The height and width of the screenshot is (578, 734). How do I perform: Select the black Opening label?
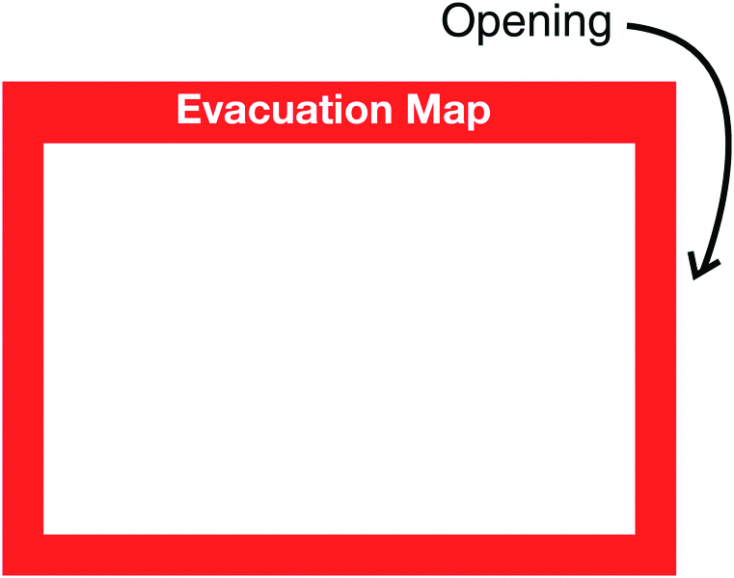coord(526,23)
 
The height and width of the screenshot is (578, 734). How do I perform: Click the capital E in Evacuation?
coord(187,112)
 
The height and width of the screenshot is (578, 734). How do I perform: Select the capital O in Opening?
coord(458,22)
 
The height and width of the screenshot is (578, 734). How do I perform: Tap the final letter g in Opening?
coord(598,27)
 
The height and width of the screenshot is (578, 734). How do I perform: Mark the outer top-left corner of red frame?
coord(3,83)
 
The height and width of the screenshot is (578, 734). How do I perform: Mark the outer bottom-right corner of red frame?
coord(675,574)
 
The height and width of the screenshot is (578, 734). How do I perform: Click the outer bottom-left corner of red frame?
coord(3,574)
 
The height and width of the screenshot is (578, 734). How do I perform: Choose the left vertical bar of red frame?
coord(23,337)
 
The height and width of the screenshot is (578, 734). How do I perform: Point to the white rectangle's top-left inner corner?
coord(44,144)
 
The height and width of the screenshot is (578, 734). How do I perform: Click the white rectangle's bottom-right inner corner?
coord(635,533)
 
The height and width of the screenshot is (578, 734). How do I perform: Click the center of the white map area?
coord(340,338)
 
